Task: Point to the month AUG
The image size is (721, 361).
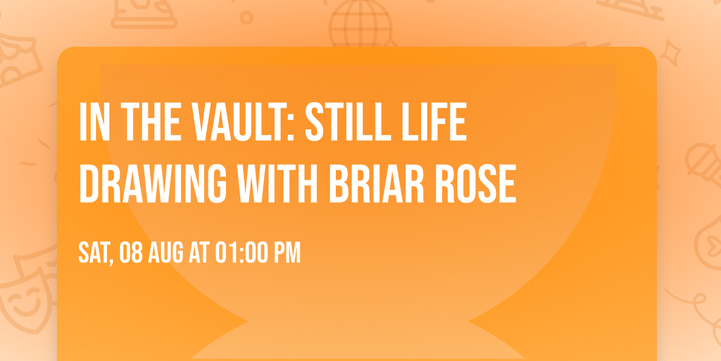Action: pyautogui.click(x=168, y=253)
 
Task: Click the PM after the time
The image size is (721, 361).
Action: pyautogui.click(x=287, y=253)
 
